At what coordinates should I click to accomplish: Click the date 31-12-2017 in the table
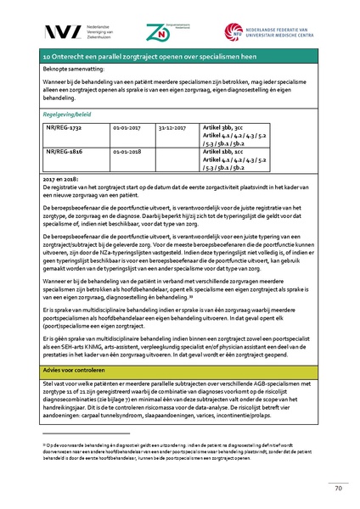[x=174, y=126]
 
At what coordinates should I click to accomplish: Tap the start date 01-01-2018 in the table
[x=129, y=153]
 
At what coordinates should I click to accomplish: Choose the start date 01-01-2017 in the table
[x=129, y=126]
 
